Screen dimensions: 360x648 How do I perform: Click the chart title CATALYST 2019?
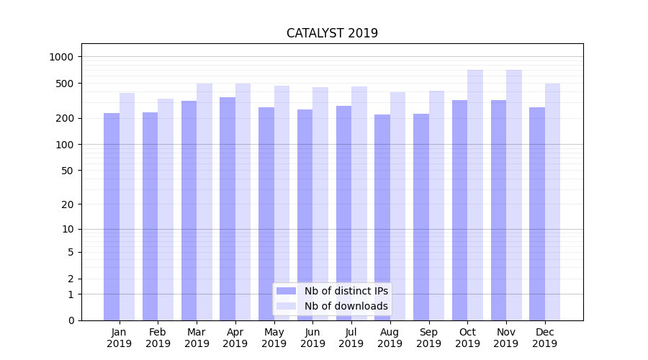point(332,33)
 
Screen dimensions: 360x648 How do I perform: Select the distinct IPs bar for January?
point(112,216)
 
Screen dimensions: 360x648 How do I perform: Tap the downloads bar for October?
point(475,194)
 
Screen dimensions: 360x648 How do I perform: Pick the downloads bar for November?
point(514,194)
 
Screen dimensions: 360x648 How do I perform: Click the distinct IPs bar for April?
point(228,209)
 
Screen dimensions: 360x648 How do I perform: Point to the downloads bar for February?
point(166,209)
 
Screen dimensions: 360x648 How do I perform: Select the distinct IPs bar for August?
point(382,216)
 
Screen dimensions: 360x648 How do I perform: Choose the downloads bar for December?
point(553,202)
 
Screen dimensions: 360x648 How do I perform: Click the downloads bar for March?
point(204,202)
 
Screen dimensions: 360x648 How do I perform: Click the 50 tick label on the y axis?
point(67,171)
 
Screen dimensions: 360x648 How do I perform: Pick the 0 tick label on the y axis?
point(71,320)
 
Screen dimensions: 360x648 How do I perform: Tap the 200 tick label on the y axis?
point(64,118)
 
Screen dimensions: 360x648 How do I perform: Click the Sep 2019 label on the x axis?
point(428,338)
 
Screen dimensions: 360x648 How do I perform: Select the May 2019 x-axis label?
point(274,338)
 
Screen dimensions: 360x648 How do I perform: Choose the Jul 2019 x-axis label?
point(351,338)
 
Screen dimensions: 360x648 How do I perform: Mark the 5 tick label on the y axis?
point(71,252)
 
